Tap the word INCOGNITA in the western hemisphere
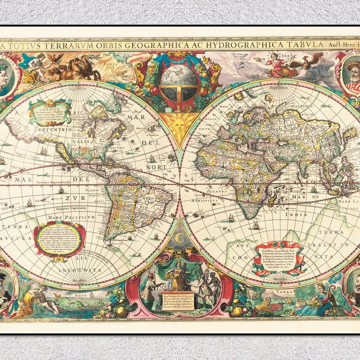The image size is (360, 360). point(84,270)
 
